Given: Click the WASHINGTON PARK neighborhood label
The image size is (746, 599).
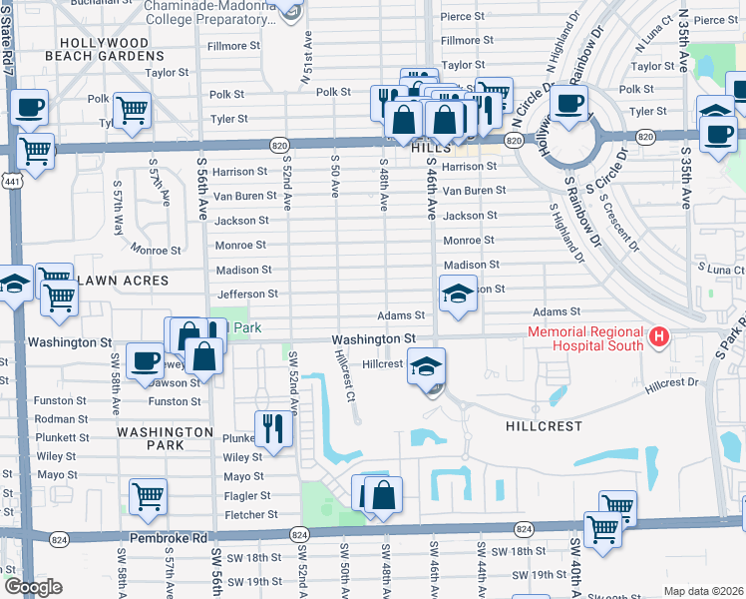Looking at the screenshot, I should coord(165,438).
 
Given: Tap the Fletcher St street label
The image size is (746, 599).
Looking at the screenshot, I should coord(250,515).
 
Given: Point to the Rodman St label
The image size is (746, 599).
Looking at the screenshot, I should coord(62,418).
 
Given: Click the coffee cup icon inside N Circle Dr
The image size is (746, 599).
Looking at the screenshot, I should coord(568,103).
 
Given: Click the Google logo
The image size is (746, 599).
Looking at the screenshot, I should coord(33,587).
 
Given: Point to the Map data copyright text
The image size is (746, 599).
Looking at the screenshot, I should coord(703,591).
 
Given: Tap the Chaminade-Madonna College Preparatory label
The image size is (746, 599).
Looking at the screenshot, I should coord(209,12).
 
